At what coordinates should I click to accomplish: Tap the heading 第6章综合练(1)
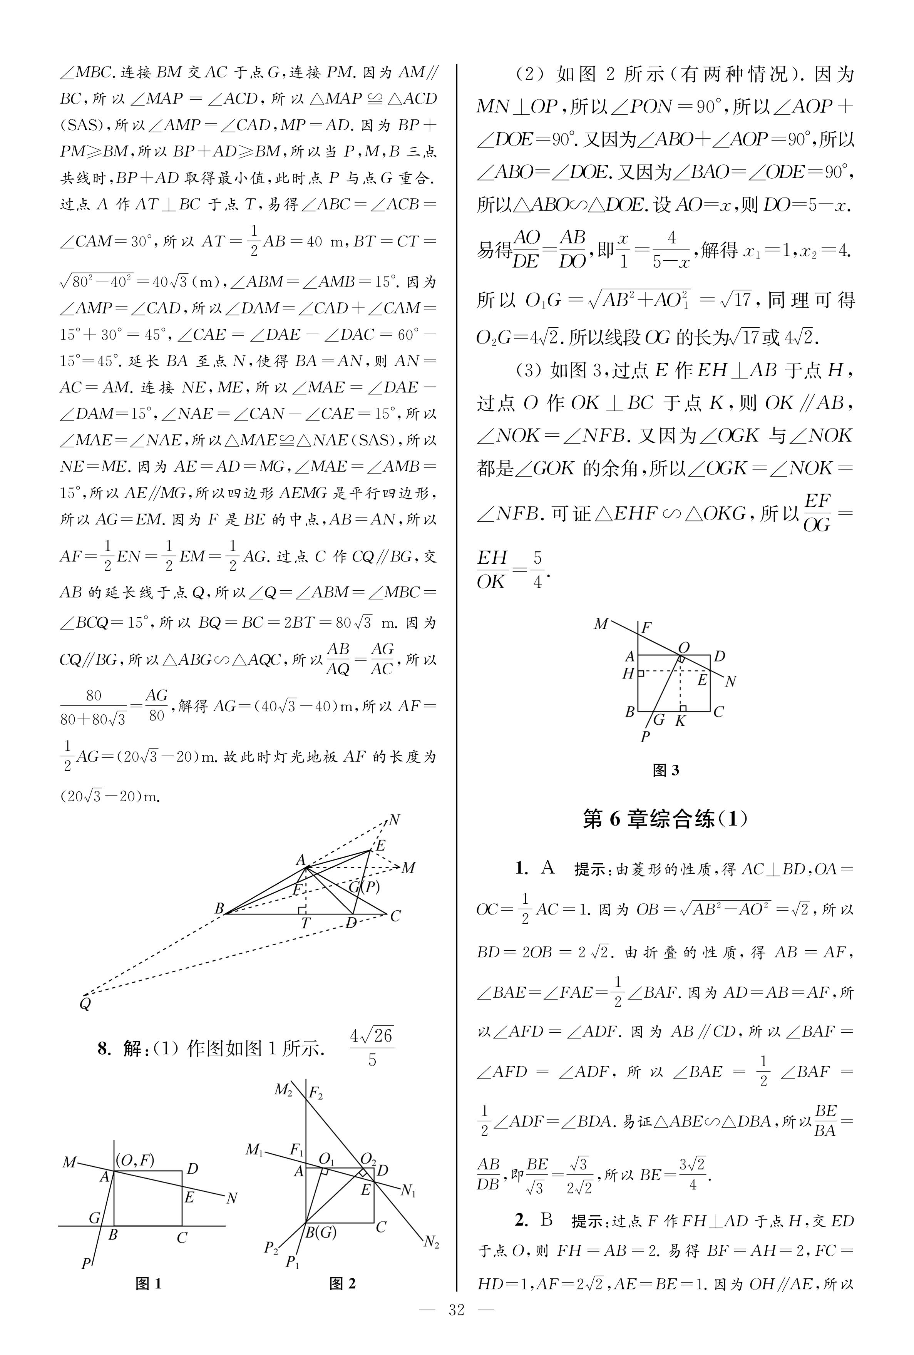[665, 819]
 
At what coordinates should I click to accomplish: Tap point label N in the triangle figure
[394, 821]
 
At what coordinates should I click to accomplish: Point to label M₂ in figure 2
[283, 1089]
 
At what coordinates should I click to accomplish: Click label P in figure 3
[645, 737]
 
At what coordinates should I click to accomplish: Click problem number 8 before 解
[103, 1049]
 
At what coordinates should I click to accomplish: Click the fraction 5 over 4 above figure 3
[537, 570]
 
